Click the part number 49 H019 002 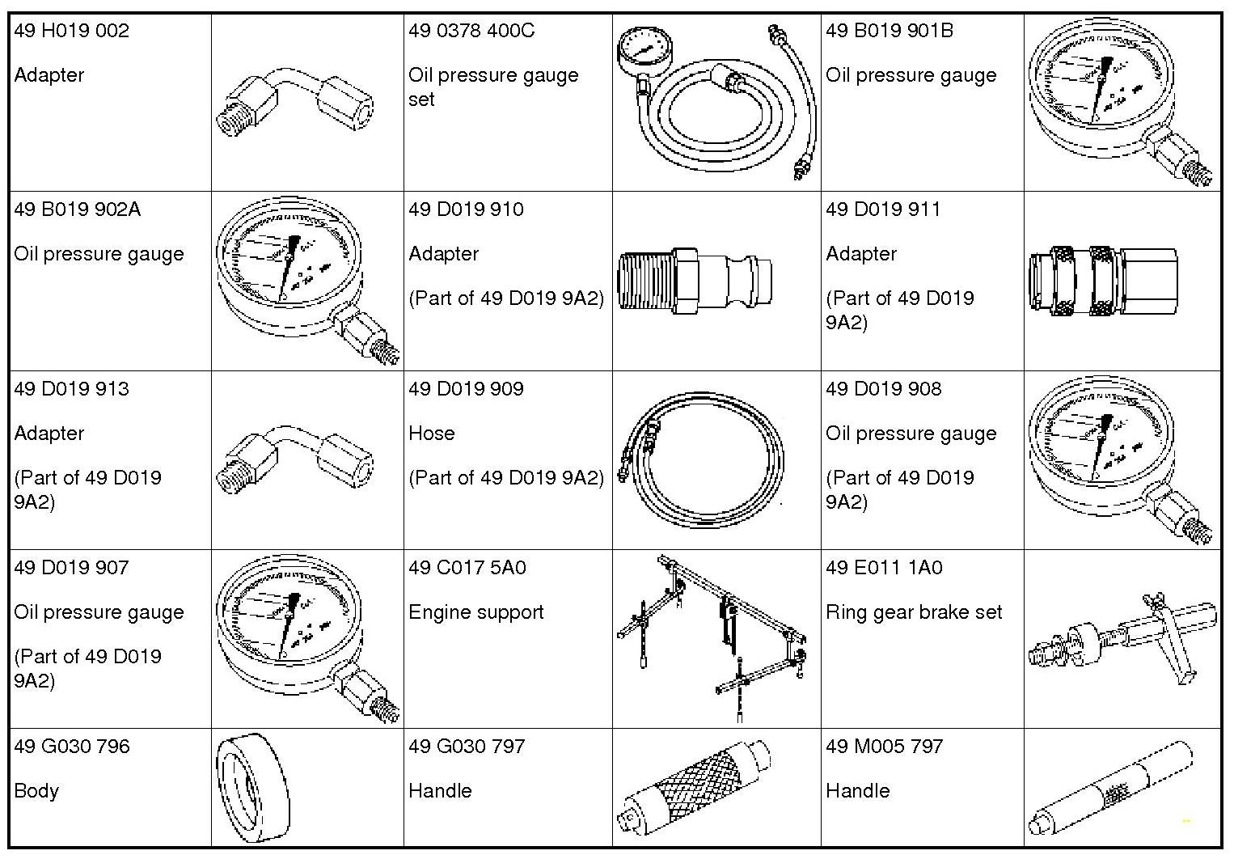pyautogui.click(x=71, y=32)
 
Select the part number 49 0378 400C pyautogui.click(x=471, y=32)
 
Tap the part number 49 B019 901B pyautogui.click(x=890, y=32)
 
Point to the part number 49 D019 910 pyautogui.click(x=466, y=210)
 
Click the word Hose pyautogui.click(x=431, y=434)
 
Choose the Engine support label pyautogui.click(x=475, y=612)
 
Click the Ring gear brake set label pyautogui.click(x=914, y=612)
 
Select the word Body pyautogui.click(x=36, y=791)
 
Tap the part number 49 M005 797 pyautogui.click(x=884, y=747)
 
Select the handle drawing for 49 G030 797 pyautogui.click(x=698, y=789)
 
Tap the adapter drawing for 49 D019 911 pyautogui.click(x=1104, y=281)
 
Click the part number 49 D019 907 pyautogui.click(x=71, y=568)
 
